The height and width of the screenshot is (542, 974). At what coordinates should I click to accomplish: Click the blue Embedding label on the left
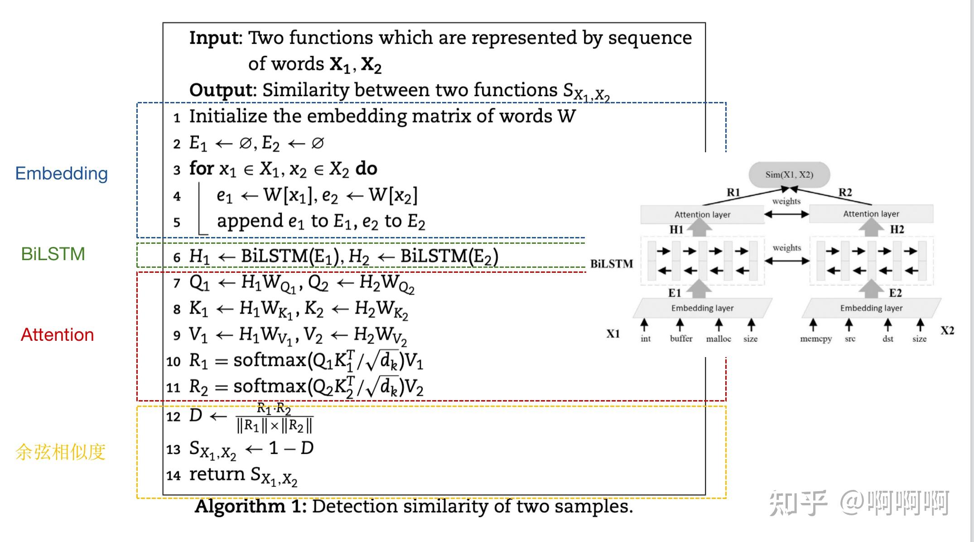62,174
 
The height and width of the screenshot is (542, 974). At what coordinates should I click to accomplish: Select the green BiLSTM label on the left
53,254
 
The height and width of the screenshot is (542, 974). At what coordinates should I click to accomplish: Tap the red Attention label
58,335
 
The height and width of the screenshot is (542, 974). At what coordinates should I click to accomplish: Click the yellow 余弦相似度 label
60,452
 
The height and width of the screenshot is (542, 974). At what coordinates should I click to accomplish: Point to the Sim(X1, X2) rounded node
789,174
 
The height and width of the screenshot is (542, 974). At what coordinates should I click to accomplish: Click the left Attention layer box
702,214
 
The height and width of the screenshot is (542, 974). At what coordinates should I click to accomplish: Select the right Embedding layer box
871,308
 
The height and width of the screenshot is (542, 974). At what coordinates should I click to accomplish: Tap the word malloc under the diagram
718,339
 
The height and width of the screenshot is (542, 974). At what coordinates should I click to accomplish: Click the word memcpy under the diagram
816,339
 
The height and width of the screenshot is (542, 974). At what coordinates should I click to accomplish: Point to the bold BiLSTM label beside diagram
612,264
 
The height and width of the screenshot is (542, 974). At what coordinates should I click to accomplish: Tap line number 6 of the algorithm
177,257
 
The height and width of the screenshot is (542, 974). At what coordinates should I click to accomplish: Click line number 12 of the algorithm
173,416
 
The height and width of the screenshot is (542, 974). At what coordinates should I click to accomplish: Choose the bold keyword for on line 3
201,169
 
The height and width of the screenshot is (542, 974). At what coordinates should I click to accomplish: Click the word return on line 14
217,474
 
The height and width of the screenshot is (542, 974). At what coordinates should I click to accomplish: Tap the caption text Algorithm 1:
251,506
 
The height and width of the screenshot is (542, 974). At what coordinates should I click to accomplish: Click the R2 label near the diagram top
845,192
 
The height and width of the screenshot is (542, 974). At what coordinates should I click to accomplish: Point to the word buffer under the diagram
681,339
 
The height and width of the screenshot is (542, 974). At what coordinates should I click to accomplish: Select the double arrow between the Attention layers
786,214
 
